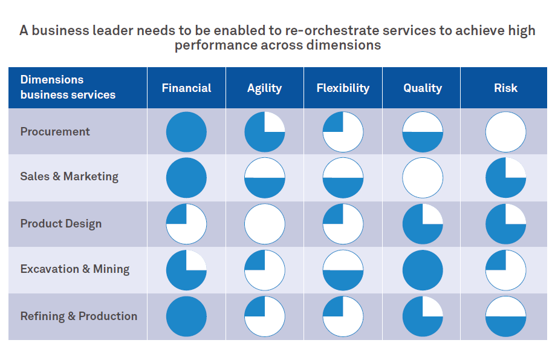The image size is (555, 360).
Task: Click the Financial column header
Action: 186,88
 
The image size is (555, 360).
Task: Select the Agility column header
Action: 264,88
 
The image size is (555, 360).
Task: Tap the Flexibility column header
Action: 343,88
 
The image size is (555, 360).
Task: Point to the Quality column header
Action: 423,88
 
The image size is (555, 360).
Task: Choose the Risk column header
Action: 505,88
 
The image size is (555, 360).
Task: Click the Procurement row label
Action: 55,132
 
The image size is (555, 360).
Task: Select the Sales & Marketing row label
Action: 69,177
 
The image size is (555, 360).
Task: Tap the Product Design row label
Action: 61,224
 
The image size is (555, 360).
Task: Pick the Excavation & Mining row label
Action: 75,269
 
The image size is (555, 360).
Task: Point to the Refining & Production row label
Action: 79,316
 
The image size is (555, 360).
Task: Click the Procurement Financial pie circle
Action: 186,132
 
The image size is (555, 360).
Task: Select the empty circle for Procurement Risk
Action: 505,132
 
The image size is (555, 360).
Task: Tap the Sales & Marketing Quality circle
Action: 423,178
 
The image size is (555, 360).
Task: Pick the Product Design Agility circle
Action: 264,224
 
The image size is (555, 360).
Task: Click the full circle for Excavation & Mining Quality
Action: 423,270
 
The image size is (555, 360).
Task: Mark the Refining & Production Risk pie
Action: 505,316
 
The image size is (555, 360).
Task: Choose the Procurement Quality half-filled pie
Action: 423,132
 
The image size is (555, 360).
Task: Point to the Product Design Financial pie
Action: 186,224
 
